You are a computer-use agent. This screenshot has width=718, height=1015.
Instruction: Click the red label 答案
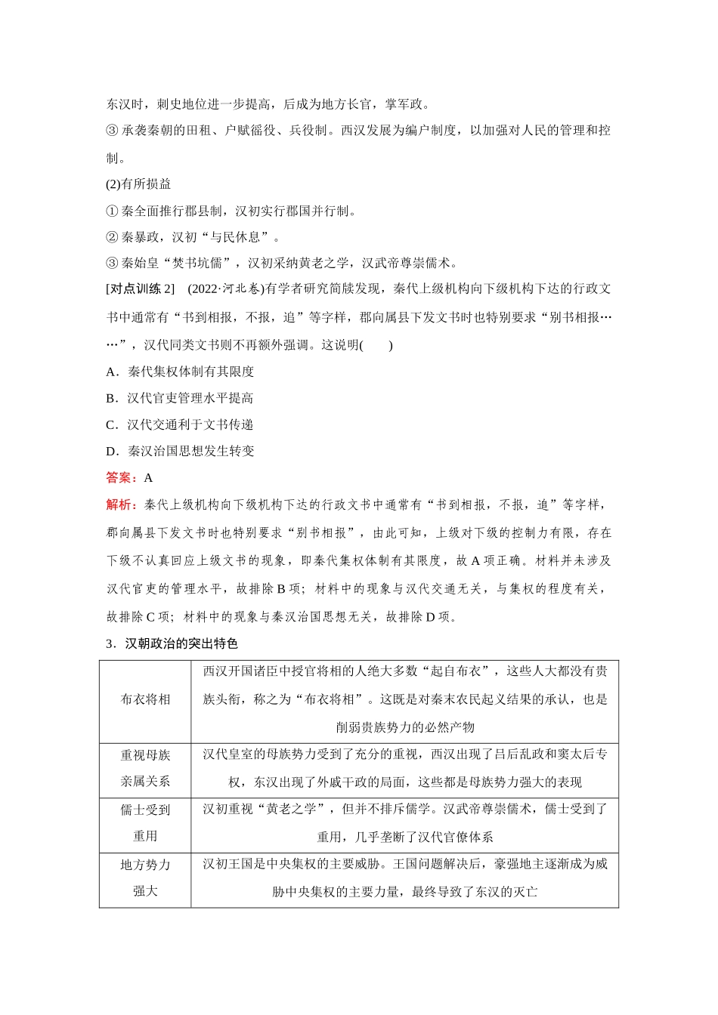(x=120, y=477)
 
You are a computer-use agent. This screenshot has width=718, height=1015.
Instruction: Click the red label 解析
(x=120, y=504)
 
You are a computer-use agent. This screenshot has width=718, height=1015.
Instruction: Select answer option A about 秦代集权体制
(x=181, y=372)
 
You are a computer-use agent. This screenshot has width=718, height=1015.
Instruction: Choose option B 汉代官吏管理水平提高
(x=180, y=398)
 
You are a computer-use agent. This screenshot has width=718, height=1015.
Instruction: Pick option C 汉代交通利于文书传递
(x=180, y=424)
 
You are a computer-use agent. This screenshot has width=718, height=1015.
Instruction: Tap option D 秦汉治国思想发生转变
(x=181, y=451)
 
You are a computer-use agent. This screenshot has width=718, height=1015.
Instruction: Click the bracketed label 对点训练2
(x=141, y=288)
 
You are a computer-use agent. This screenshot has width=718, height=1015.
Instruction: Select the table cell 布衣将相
(x=145, y=699)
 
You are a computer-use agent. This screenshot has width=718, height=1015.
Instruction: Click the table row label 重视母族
(x=145, y=754)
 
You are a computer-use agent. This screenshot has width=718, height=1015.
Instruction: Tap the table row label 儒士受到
(x=145, y=810)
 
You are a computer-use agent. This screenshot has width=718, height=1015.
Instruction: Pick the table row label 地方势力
(x=145, y=865)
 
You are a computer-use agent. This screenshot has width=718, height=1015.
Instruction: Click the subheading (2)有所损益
(x=138, y=184)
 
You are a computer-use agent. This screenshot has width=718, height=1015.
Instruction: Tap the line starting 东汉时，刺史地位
(x=268, y=104)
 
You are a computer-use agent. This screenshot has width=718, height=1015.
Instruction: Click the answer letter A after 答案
(x=148, y=477)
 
